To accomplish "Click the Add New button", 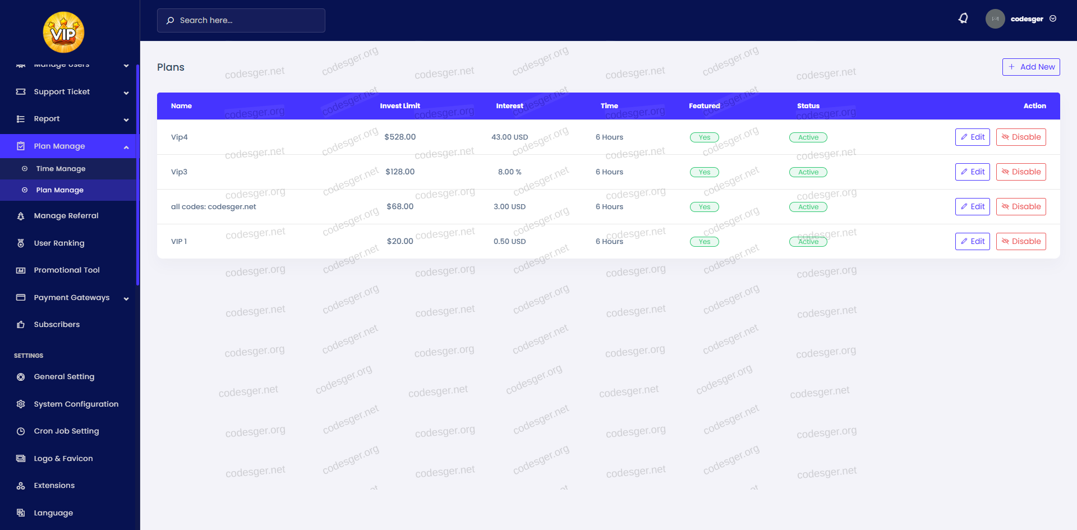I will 1031,67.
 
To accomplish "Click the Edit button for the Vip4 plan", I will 972,137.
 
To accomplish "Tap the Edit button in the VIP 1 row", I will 972,241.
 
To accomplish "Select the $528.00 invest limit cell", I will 400,137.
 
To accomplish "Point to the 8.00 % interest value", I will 509,172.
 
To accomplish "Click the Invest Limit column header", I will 400,106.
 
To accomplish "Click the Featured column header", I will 704,106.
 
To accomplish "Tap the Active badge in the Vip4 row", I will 808,137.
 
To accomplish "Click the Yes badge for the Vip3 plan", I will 704,172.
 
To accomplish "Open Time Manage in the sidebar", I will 61,169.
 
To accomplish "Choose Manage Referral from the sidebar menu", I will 66,216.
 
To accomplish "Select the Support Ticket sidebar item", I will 62,92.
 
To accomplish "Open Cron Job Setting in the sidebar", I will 66,431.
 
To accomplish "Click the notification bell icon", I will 963,19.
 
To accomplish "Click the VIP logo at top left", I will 63,33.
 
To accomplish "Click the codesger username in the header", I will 1027,19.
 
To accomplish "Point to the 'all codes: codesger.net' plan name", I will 213,206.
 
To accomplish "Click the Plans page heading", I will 171,67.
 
